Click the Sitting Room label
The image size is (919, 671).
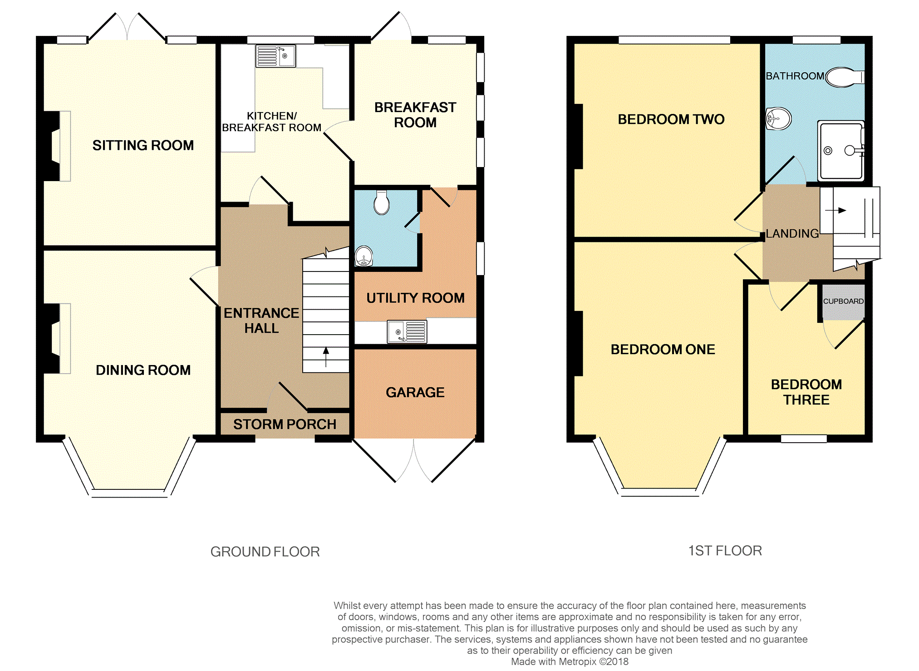point(143,145)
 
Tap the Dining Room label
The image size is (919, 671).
point(143,370)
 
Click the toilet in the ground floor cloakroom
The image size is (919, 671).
point(382,202)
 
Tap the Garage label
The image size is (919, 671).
point(415,392)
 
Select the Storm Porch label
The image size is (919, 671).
point(285,424)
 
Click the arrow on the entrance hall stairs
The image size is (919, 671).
point(326,357)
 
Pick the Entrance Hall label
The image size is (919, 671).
point(261,321)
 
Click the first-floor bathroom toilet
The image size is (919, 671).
point(845,78)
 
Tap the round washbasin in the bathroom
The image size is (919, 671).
point(778,119)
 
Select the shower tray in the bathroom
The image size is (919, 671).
point(841,150)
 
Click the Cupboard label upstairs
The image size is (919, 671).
point(843,301)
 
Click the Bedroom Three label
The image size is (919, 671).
point(806,392)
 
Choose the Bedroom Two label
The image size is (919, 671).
point(671,119)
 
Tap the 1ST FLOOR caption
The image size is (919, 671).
point(725,551)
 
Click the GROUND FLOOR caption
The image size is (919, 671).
point(265,552)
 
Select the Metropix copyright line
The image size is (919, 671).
point(570,661)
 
